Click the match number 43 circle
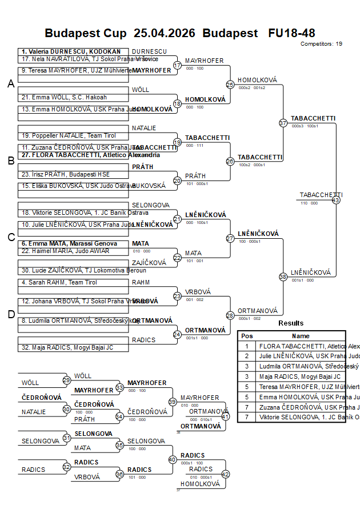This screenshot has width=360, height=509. point(336,200)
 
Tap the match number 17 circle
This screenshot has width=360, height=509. point(177,65)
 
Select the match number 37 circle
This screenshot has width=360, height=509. point(283,123)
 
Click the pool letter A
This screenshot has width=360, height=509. point(11,84)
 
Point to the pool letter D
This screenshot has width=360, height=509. point(11,314)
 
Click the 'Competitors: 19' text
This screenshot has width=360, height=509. point(321,43)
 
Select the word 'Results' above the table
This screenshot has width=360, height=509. point(291,323)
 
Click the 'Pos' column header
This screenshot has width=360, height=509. point(247,336)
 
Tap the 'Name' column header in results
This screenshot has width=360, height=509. point(301,336)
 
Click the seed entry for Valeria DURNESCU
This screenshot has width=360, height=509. point(71,51)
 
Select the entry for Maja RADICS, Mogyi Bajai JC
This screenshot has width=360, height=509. point(67,347)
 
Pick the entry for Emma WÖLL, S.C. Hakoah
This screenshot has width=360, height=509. point(64,97)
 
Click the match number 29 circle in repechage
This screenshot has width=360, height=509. point(66,380)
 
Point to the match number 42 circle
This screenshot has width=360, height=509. point(225,474)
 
